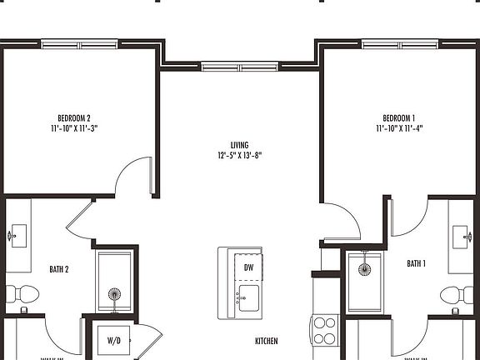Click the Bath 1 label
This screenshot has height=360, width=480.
[x=416, y=263]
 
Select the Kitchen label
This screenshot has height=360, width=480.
[x=266, y=342]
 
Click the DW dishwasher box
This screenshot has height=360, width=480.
[x=248, y=267]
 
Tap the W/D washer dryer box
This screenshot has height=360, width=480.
[x=114, y=340]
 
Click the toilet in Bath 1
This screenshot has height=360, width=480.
[x=455, y=294]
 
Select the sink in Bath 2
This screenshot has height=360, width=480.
[x=19, y=234]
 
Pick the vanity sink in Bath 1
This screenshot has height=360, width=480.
[x=460, y=236]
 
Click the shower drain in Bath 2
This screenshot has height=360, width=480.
[x=113, y=293]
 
